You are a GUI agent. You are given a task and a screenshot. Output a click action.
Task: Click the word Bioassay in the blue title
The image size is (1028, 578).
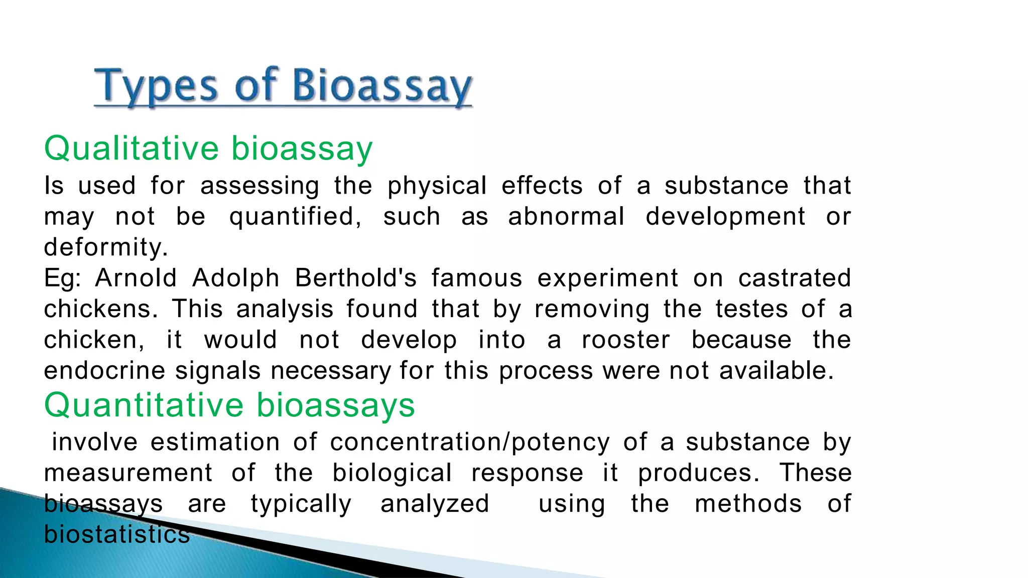tap(381, 86)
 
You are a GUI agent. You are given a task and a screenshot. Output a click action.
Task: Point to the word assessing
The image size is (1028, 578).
tap(260, 186)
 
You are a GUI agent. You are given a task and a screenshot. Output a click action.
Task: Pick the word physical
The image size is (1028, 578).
tap(437, 186)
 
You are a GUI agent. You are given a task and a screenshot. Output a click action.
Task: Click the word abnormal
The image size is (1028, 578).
tap(566, 217)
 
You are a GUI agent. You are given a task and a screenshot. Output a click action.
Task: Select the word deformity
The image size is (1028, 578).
tap(105, 247)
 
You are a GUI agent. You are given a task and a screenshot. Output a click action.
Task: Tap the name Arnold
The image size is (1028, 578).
tap(136, 278)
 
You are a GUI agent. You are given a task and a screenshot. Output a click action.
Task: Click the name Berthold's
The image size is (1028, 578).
tap(355, 278)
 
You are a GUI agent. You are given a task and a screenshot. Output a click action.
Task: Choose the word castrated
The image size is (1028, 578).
tap(795, 278)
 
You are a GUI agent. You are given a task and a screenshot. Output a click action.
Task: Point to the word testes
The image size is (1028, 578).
tap(751, 309)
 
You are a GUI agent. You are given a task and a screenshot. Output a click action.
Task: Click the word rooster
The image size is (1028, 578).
tap(625, 340)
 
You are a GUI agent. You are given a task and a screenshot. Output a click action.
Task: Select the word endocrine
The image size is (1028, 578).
tap(104, 371)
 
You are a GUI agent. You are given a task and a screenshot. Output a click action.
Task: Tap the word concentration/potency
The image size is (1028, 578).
tap(470, 443)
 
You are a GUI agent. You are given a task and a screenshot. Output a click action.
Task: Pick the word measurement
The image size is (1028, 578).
tap(128, 473)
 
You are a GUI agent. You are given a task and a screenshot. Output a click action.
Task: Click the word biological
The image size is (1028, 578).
tap(392, 473)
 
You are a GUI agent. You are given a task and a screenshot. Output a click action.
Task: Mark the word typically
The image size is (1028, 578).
tap(301, 504)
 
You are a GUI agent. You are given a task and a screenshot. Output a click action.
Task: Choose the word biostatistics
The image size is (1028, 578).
tap(116, 534)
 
